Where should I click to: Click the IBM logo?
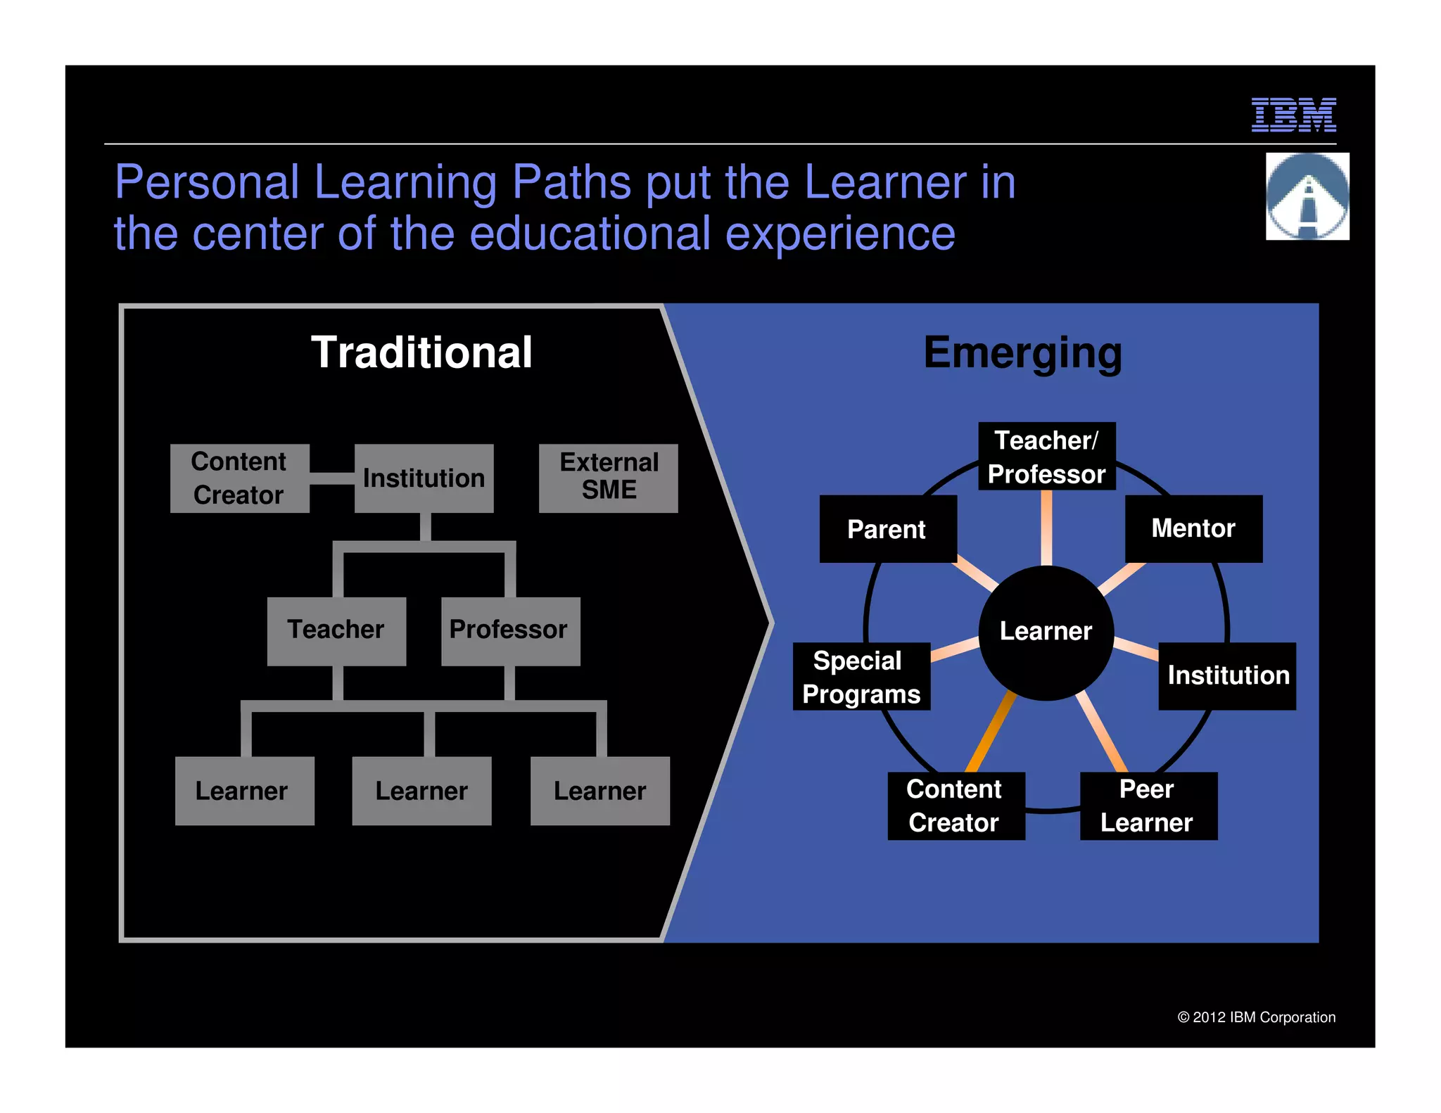1293,115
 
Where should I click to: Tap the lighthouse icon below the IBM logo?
1307,196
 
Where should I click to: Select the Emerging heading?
1022,352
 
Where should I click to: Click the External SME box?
609,478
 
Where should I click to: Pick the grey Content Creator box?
239,478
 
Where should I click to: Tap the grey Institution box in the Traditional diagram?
424,478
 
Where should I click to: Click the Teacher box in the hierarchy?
336,630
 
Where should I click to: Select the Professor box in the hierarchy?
510,630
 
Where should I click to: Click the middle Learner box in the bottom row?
421,791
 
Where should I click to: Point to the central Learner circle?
1046,632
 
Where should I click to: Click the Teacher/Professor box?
1046,457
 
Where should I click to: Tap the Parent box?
887,529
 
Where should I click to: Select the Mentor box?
1193,528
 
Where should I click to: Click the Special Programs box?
861,677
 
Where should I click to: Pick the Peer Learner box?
1148,806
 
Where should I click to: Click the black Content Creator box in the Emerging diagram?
956,806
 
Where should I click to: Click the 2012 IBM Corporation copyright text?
1256,1017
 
